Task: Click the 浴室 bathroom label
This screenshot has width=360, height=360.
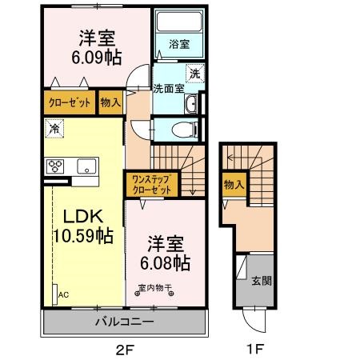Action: (178, 46)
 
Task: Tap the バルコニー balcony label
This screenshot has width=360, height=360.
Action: (122, 323)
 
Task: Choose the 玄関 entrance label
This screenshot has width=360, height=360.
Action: (261, 281)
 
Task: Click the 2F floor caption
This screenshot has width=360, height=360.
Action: (122, 348)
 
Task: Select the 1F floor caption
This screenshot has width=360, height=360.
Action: (254, 348)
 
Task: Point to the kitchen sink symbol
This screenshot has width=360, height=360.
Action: (86, 166)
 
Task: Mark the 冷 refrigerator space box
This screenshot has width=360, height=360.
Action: (54, 127)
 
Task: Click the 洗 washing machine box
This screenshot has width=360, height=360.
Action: (194, 74)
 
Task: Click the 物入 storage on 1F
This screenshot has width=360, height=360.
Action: (234, 185)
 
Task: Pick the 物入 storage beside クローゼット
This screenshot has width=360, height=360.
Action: (111, 103)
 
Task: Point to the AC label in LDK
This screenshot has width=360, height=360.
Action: (63, 294)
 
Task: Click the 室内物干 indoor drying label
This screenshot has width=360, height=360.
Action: (154, 289)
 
